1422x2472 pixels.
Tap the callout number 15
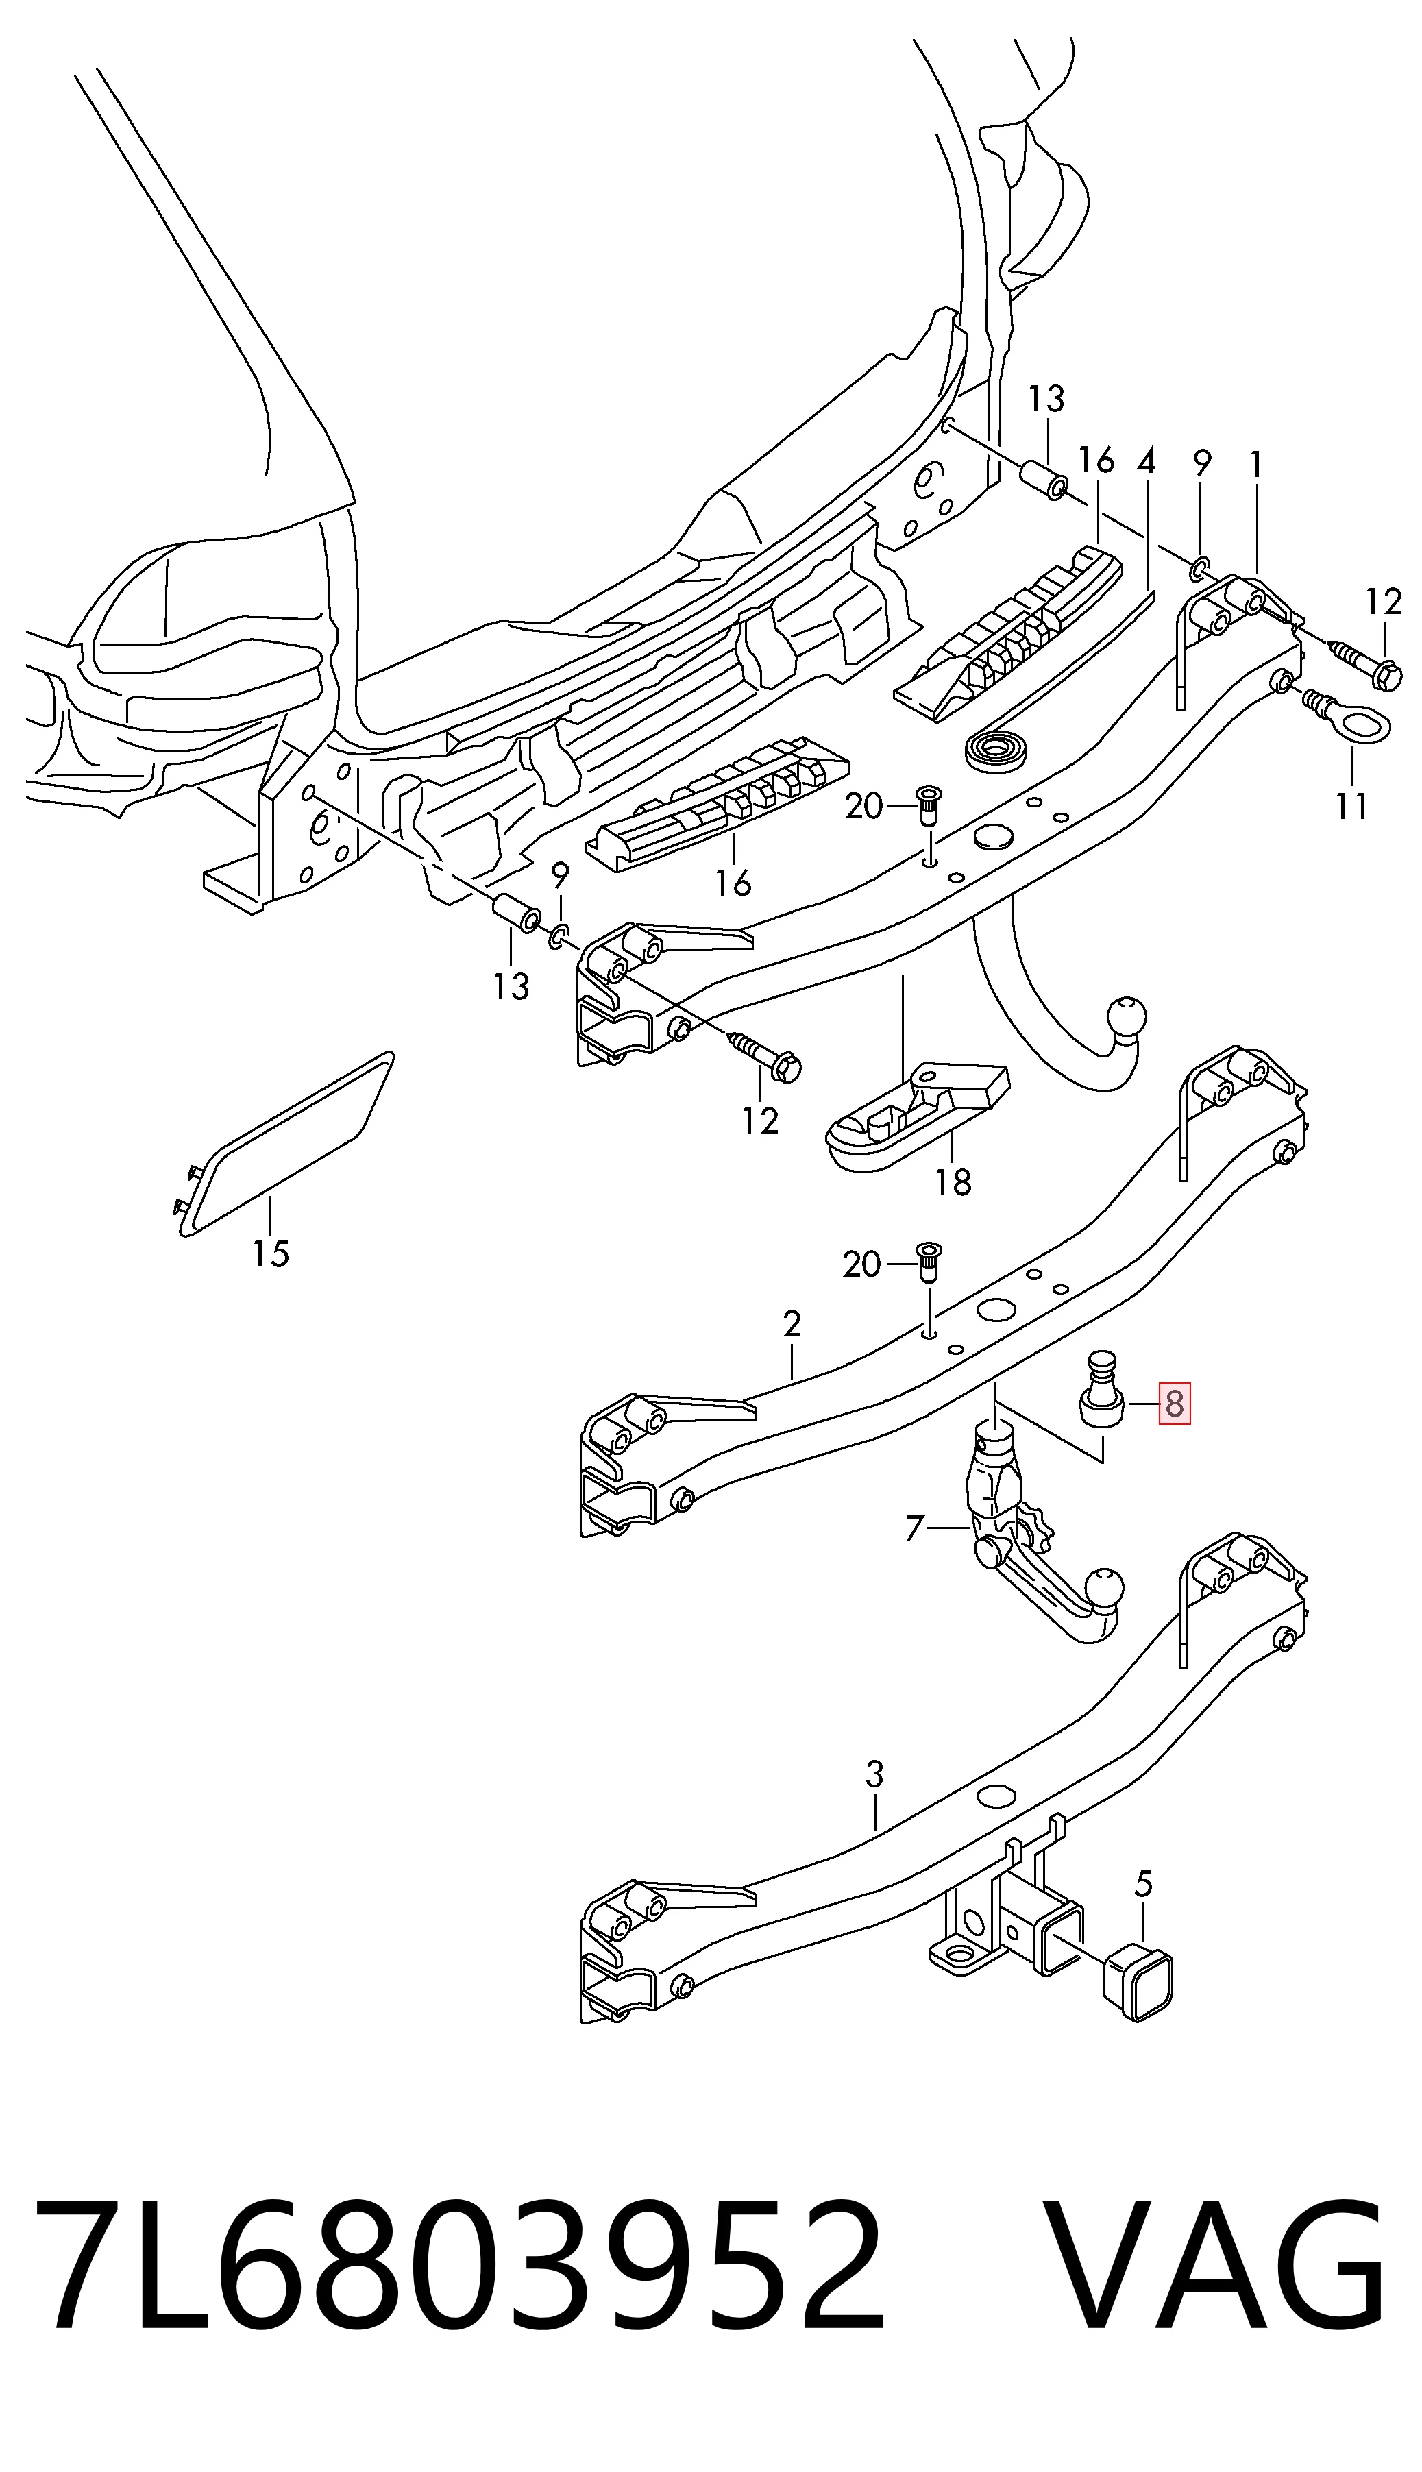271,1253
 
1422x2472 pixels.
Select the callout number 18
953,1183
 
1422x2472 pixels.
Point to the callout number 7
914,1528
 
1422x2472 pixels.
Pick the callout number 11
1351,807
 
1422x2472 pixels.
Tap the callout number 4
1147,462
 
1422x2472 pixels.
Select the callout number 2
792,1323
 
